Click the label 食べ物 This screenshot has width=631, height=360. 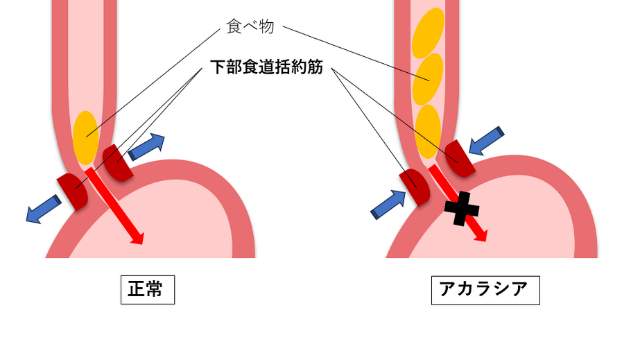tap(250, 27)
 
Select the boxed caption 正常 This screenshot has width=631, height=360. tap(146, 290)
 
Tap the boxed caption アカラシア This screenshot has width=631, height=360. tap(485, 290)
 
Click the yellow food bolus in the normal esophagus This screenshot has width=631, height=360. tap(85, 136)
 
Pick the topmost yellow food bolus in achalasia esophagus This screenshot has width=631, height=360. tap(428, 33)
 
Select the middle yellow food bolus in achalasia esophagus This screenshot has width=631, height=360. tap(427, 78)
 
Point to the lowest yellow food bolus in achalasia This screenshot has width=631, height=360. tap(427, 129)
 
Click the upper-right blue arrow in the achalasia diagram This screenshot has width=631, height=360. tap(487, 141)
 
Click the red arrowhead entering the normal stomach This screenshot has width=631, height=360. tap(137, 238)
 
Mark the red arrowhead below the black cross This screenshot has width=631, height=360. tap(479, 234)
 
